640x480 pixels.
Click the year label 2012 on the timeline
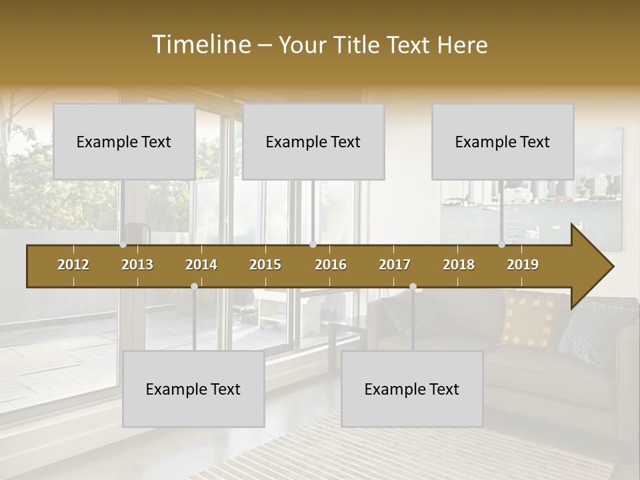click(x=73, y=265)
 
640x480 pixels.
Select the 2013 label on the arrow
click(x=137, y=265)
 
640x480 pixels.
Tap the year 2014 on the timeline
click(x=201, y=265)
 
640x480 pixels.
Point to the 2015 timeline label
click(x=265, y=265)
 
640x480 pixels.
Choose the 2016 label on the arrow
click(x=331, y=265)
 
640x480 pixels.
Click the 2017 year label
click(x=395, y=265)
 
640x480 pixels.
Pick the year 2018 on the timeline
click(x=459, y=265)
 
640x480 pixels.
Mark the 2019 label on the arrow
click(x=523, y=265)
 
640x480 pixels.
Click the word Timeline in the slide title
click(x=201, y=45)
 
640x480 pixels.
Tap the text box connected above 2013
click(x=124, y=141)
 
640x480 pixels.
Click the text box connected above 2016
click(x=313, y=141)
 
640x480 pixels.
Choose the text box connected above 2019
click(x=503, y=141)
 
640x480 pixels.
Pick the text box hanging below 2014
click(x=193, y=389)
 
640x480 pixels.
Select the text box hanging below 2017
click(x=412, y=389)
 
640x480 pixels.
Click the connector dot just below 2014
click(x=194, y=287)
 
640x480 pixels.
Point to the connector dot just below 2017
click(x=413, y=287)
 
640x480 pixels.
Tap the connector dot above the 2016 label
click(x=313, y=245)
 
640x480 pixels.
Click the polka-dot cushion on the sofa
click(x=531, y=319)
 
